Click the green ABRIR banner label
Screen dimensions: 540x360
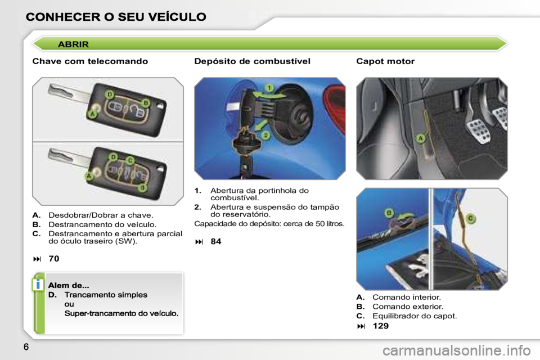pyautogui.click(x=73, y=44)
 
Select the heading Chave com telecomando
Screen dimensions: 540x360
pyautogui.click(x=90, y=61)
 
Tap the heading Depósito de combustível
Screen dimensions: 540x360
pyautogui.click(x=253, y=61)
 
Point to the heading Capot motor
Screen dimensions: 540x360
pyautogui.click(x=385, y=61)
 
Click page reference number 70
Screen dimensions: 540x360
pyautogui.click(x=54, y=258)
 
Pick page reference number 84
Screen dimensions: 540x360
pyautogui.click(x=216, y=241)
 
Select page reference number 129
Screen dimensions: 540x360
pyautogui.click(x=381, y=326)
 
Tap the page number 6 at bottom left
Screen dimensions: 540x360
pyautogui.click(x=26, y=346)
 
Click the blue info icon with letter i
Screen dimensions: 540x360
pyautogui.click(x=38, y=285)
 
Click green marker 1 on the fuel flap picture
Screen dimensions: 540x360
pyautogui.click(x=269, y=88)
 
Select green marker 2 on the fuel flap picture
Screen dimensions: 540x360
pyautogui.click(x=265, y=136)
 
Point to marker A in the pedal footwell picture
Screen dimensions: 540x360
pyautogui.click(x=421, y=138)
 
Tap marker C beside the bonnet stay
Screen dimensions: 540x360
pyautogui.click(x=470, y=218)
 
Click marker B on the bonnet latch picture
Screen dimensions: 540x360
pyautogui.click(x=389, y=213)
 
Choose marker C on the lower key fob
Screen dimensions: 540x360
pyautogui.click(x=130, y=160)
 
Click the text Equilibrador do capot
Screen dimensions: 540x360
pyautogui.click(x=415, y=316)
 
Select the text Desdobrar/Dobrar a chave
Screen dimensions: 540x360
pyautogui.click(x=101, y=215)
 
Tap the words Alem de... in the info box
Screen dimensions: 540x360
pyautogui.click(x=69, y=285)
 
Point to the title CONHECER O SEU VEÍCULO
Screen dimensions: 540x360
pyautogui.click(x=116, y=16)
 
